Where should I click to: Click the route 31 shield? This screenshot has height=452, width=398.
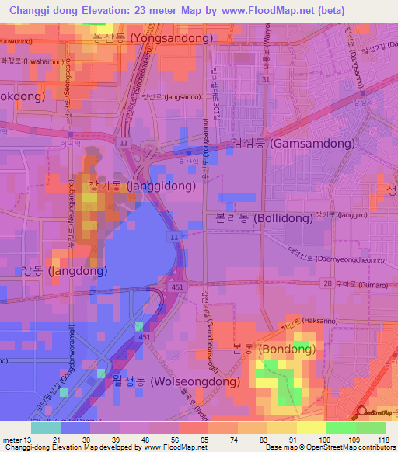[266, 79]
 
